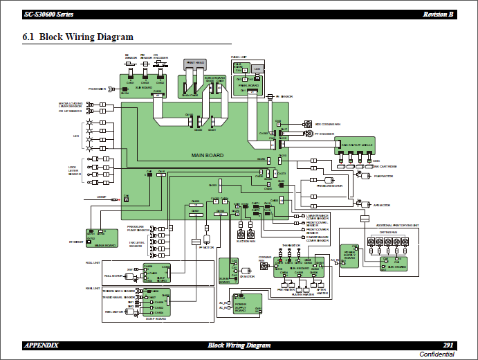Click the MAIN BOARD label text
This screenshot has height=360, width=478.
(208, 156)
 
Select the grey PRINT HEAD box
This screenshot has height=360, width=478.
(195, 63)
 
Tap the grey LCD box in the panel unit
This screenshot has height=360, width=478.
(257, 69)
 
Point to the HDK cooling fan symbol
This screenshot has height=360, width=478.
(307, 125)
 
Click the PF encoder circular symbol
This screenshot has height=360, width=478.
(307, 133)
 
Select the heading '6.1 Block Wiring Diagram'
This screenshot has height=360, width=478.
(77, 37)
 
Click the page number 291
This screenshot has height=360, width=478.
(448, 345)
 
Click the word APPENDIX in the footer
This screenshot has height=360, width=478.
(42, 345)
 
